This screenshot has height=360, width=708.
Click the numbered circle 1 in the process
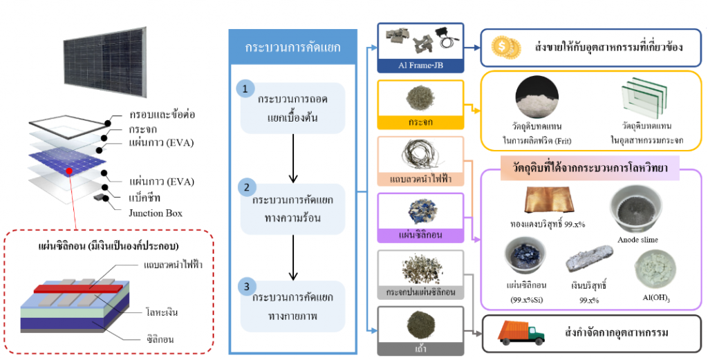(245, 88)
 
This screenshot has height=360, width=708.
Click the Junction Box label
(156, 213)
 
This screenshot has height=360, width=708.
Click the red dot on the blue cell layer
(68, 171)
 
